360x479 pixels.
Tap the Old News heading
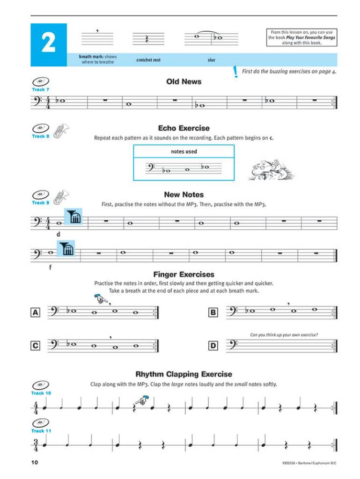(x=184, y=82)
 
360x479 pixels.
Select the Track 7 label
(x=40, y=89)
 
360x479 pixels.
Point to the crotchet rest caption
(x=148, y=60)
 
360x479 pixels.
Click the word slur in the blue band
(x=211, y=60)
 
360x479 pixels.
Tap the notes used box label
(x=184, y=152)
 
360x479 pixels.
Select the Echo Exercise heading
(x=184, y=128)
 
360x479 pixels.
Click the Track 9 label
(x=40, y=203)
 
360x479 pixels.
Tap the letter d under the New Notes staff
(x=58, y=234)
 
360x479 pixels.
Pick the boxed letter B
(x=213, y=312)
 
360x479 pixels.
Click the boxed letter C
(x=35, y=346)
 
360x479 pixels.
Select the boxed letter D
(x=213, y=346)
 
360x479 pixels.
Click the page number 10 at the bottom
(x=35, y=463)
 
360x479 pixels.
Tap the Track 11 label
(x=41, y=431)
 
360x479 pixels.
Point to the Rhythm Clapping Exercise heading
(x=184, y=374)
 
